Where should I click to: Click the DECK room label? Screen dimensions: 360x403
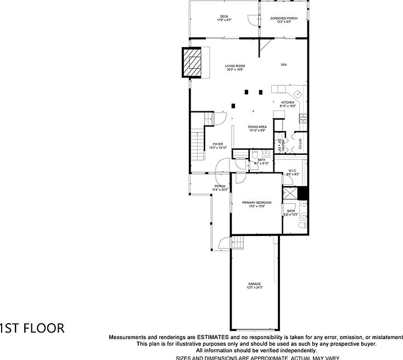pyautogui.click(x=223, y=17)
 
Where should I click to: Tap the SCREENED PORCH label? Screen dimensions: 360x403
pyautogui.click(x=284, y=18)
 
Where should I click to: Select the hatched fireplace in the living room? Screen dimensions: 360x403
pyautogui.click(x=193, y=63)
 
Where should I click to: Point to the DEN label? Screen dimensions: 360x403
pyautogui.click(x=284, y=65)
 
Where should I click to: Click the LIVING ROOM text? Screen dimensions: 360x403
pyautogui.click(x=234, y=66)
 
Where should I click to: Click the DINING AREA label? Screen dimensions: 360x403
pyautogui.click(x=257, y=127)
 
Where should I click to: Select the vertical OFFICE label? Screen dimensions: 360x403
pyautogui.click(x=300, y=144)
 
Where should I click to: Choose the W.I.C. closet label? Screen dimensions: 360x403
pyautogui.click(x=292, y=171)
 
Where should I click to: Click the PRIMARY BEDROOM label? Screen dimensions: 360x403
pyautogui.click(x=257, y=203)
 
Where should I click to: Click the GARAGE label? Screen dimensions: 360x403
pyautogui.click(x=254, y=284)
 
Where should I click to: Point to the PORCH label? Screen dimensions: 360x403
pyautogui.click(x=220, y=186)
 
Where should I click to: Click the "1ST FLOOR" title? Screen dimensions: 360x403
pyautogui.click(x=32, y=329)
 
